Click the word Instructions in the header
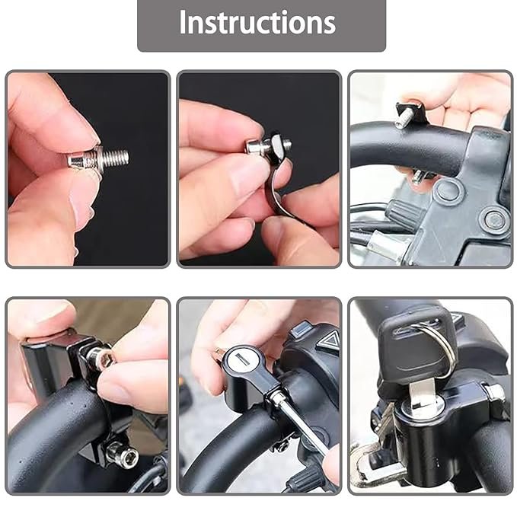coord(257,23)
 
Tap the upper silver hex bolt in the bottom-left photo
coord(99,356)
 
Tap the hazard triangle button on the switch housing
coord(329,342)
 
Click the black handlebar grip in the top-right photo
coord(396,145)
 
